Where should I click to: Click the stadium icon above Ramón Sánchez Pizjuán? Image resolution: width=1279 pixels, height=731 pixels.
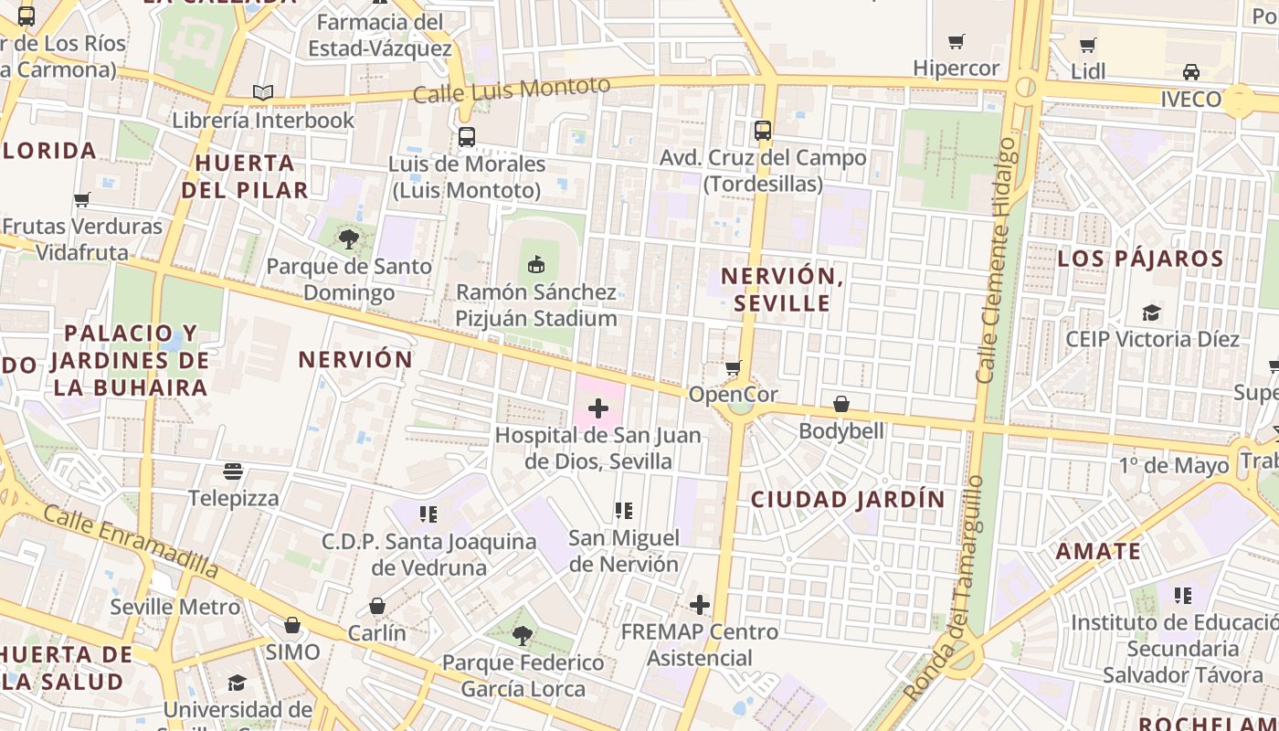click(536, 265)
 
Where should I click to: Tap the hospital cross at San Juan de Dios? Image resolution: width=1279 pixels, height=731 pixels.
click(598, 408)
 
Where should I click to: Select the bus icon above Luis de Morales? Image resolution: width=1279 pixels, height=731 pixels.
click(466, 137)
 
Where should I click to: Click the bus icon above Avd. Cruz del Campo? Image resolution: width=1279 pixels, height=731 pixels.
click(763, 131)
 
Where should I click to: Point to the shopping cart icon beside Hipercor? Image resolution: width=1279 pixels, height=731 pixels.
click(957, 41)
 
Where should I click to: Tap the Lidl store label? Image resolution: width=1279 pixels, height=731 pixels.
click(1088, 71)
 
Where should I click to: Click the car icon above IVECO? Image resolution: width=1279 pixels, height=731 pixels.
click(1191, 72)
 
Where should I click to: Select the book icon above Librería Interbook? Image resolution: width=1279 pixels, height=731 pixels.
click(263, 92)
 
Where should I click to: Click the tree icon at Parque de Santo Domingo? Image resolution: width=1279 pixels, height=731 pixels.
click(348, 239)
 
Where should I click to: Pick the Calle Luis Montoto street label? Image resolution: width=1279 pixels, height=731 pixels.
click(512, 90)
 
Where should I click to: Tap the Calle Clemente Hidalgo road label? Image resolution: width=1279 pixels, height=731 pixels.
click(996, 260)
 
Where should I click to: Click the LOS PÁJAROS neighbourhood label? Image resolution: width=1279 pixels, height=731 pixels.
click(1140, 259)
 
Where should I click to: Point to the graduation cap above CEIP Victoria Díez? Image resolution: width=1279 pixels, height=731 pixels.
click(1151, 313)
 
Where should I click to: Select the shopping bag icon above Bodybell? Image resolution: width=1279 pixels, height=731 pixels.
click(841, 404)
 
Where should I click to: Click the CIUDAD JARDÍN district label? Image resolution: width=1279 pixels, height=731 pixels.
click(848, 500)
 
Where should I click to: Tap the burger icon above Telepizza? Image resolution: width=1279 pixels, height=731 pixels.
click(233, 471)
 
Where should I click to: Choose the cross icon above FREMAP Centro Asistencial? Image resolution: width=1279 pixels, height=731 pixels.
click(700, 605)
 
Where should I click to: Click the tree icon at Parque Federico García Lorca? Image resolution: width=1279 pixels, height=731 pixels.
click(523, 635)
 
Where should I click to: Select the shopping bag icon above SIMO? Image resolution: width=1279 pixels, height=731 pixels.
click(292, 625)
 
